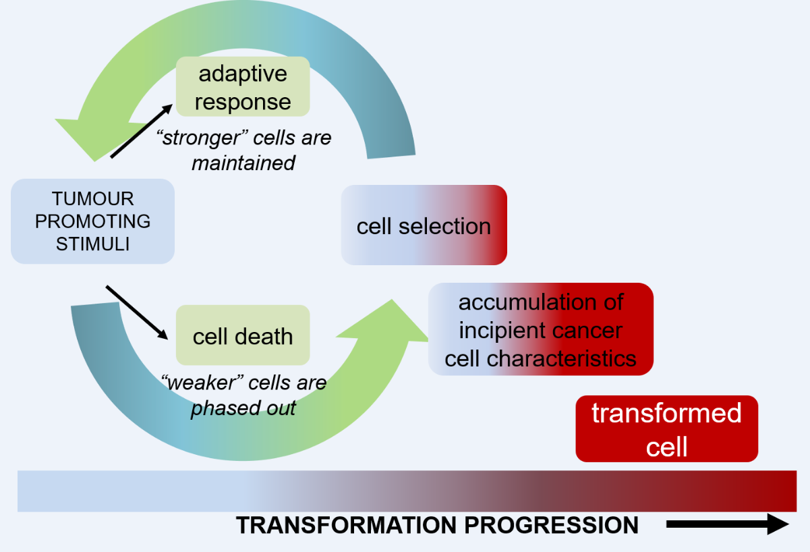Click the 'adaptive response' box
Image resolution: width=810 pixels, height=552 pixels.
[243, 87]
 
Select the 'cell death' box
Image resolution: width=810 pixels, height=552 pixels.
[243, 335]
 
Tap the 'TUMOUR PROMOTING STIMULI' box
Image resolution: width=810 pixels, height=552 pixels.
[93, 221]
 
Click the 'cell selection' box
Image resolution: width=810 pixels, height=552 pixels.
[424, 225]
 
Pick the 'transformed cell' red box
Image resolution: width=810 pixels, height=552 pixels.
[666, 429]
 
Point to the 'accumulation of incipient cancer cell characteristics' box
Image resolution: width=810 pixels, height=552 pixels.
[541, 329]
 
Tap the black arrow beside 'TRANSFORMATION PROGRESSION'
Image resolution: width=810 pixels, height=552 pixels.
[727, 525]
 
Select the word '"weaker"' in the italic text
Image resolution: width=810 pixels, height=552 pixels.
[202, 383]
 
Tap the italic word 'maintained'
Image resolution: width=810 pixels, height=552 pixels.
[243, 163]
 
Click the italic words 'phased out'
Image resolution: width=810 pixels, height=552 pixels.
[243, 408]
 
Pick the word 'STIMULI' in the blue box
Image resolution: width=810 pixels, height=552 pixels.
[93, 244]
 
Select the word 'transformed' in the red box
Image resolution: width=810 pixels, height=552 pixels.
[666, 413]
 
